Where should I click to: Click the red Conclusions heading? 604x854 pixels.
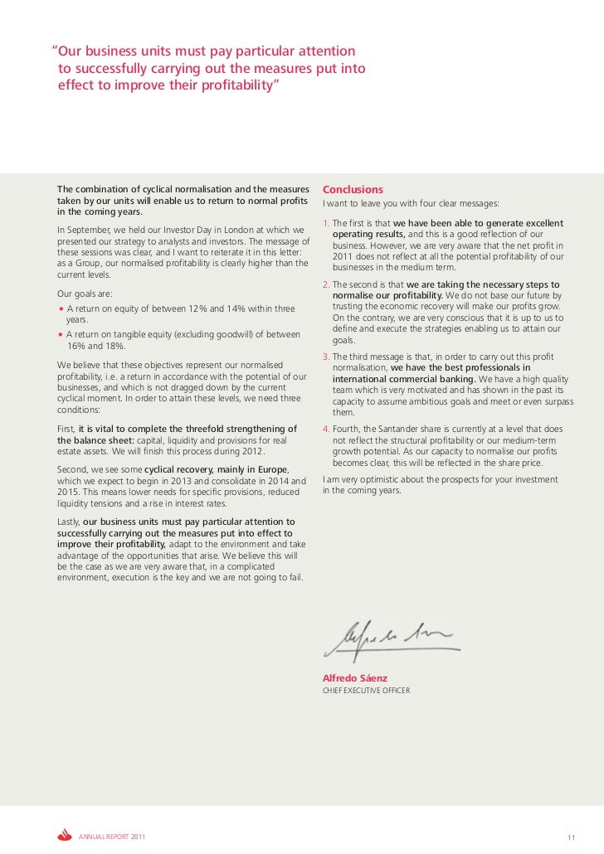353,189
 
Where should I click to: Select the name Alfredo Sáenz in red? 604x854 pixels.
354,678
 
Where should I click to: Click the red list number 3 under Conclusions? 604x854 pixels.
325,357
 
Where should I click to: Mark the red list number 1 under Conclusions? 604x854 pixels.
325,223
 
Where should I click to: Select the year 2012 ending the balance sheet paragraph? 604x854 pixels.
251,451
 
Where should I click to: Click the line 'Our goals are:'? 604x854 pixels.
84,294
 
